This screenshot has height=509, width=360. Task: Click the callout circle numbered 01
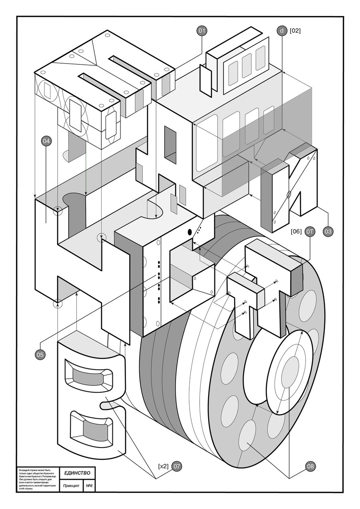(202, 31)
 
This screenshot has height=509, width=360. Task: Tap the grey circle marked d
(282, 31)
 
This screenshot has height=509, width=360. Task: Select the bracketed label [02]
(295, 31)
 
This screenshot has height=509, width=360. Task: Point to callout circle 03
(328, 231)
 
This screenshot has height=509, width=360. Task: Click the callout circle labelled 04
(46, 141)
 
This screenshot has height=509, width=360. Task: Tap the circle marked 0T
(310, 231)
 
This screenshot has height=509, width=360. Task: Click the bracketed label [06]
(296, 231)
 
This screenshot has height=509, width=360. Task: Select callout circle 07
(177, 466)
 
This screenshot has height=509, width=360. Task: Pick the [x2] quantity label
(163, 466)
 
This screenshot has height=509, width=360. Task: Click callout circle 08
(310, 466)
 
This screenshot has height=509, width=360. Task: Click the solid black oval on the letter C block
(189, 232)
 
